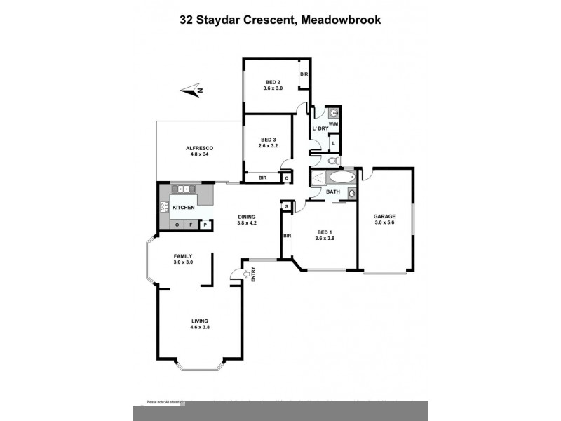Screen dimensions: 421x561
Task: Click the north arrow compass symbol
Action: tap(191, 89)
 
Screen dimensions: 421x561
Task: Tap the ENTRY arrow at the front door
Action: tap(245, 274)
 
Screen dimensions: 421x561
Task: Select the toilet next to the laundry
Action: tap(334, 161)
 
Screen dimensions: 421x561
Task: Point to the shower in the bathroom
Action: tap(318, 178)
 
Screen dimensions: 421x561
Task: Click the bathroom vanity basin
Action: tap(352, 193)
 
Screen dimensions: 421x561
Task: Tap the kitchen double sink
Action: tap(183, 189)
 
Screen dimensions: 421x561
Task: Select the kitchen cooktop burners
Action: tap(165, 207)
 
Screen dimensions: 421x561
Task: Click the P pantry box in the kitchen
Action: tap(205, 225)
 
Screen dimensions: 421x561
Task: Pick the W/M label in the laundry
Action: tap(334, 124)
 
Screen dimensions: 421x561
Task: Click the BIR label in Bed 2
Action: tap(304, 74)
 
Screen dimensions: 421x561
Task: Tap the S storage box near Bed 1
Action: tap(286, 206)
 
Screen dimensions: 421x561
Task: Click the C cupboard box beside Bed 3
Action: tap(287, 178)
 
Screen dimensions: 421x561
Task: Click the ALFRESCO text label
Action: tap(199, 148)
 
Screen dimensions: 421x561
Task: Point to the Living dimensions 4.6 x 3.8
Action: tap(201, 327)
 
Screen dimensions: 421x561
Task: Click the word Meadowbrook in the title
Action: tap(342, 20)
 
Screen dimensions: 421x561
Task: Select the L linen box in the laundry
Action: tap(334, 142)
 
